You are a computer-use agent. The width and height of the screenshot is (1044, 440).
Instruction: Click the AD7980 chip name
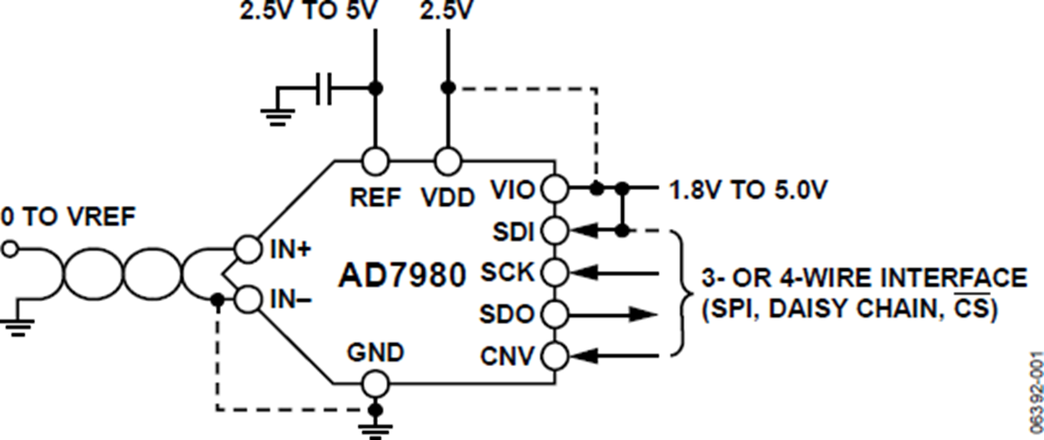(x=401, y=276)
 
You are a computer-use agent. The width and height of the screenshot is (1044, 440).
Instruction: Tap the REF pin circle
(x=375, y=161)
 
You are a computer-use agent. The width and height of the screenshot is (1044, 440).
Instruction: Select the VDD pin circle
(x=448, y=161)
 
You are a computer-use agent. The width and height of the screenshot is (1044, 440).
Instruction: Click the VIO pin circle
(x=553, y=187)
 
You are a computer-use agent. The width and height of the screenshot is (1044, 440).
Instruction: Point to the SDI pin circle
(x=553, y=231)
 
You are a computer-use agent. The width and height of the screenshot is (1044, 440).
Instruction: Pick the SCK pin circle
(x=553, y=272)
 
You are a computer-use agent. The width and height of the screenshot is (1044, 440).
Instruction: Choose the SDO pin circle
(x=553, y=313)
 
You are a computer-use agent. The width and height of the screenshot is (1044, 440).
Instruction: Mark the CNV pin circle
(x=553, y=356)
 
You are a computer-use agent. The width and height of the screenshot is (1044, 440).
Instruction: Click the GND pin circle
(x=375, y=384)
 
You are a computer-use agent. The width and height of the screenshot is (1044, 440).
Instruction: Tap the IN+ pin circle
(x=249, y=249)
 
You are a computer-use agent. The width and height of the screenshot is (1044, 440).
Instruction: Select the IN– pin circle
(x=249, y=300)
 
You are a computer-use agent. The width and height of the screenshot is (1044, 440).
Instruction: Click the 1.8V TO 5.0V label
(x=740, y=188)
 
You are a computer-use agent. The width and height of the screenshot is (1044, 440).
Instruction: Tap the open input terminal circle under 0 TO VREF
(x=10, y=250)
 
